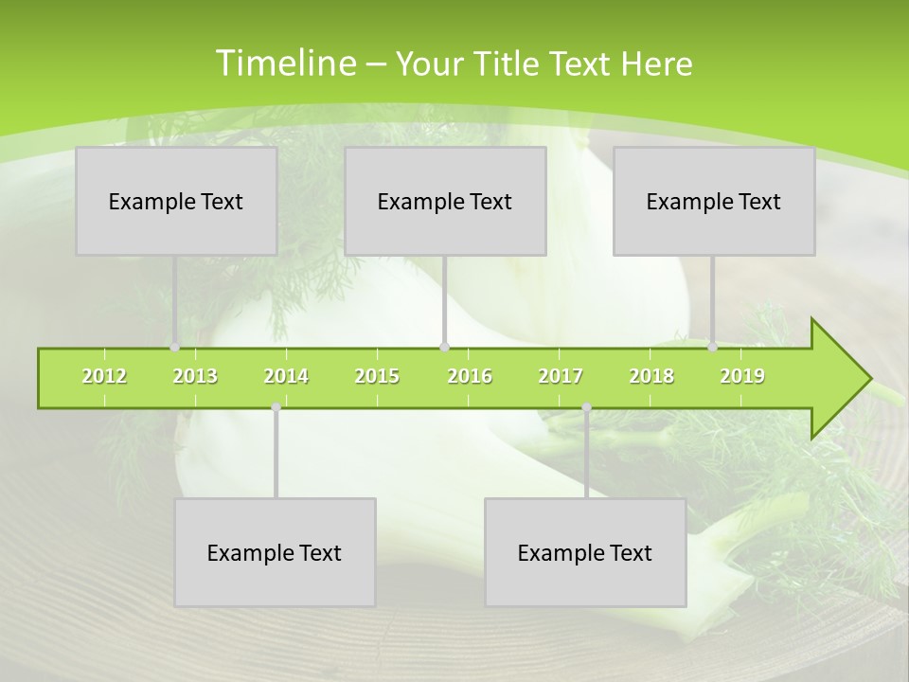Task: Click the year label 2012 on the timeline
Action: (104, 376)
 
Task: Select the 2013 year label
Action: (195, 376)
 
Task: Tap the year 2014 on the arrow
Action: (286, 376)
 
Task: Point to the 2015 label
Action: (377, 376)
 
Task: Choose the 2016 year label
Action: (470, 376)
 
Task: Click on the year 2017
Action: (561, 376)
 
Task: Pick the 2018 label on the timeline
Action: (651, 376)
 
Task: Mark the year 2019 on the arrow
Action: (742, 376)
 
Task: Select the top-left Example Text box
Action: (176, 201)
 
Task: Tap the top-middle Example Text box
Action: (445, 201)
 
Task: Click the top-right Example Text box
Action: (714, 201)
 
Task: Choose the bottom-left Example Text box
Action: (275, 552)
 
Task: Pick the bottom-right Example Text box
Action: (585, 552)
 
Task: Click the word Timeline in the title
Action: (285, 63)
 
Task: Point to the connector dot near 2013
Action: (175, 348)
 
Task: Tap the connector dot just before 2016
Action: (444, 348)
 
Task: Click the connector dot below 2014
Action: (276, 407)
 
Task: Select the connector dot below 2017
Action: (586, 407)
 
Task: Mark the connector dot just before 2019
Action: (713, 348)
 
